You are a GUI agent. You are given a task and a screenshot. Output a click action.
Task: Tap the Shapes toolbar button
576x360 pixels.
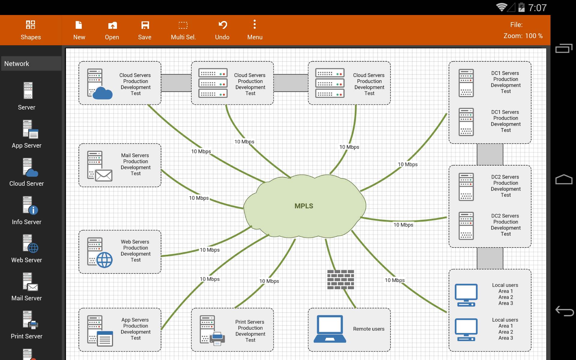tap(31, 30)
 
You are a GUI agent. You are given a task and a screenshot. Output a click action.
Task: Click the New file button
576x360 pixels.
tap(79, 30)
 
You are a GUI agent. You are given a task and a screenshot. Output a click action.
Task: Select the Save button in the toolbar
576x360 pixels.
tap(145, 30)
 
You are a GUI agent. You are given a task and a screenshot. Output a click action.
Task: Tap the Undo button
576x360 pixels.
tap(222, 30)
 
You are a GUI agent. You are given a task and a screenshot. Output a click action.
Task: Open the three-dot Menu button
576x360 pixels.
tap(255, 30)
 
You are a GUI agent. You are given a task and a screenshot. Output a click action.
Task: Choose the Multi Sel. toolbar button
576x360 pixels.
tap(183, 30)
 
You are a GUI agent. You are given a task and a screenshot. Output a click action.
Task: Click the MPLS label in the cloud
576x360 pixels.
tap(304, 206)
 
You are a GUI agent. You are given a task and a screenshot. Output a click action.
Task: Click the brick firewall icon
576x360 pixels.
tap(340, 280)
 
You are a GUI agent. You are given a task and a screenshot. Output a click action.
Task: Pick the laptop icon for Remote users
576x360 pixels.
tap(330, 329)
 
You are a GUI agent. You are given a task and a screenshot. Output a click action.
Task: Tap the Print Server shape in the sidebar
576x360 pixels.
tap(27, 325)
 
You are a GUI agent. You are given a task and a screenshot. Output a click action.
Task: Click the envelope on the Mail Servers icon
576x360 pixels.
tap(104, 175)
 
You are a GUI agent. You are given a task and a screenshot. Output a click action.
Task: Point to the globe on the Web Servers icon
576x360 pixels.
tap(104, 260)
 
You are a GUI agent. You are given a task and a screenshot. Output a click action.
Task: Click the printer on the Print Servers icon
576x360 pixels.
tap(217, 339)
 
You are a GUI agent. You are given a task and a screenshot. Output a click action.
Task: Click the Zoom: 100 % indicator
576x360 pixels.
tap(523, 36)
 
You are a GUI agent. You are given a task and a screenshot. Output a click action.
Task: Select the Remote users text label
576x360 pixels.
tap(369, 329)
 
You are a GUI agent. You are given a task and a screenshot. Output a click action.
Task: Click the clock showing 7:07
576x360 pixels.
tap(537, 8)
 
